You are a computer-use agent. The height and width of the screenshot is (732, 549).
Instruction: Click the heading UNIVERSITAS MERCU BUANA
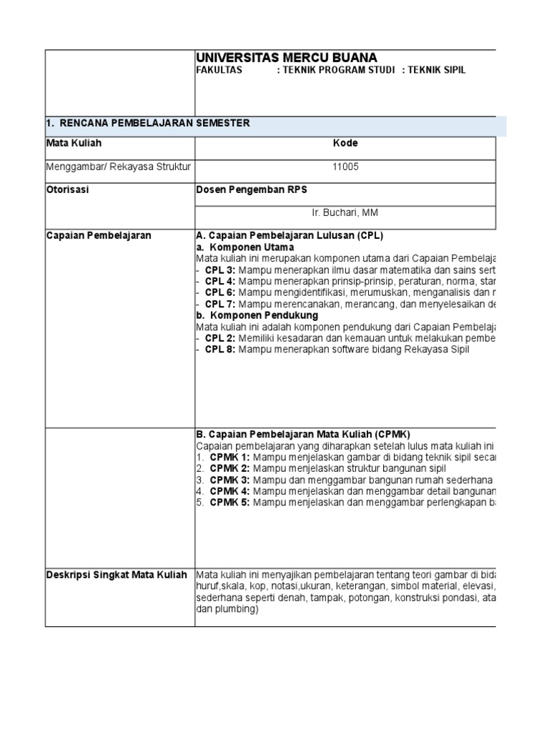coord(287,58)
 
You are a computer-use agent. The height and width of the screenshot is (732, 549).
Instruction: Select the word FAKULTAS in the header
coord(219,71)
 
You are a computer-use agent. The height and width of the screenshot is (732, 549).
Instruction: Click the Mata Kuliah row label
coord(74,143)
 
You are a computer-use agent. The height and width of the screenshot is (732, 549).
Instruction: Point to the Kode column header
coord(345,143)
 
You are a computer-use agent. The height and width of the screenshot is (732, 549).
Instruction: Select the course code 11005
coord(345,167)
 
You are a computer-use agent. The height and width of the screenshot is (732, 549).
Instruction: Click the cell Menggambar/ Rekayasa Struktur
coord(119,167)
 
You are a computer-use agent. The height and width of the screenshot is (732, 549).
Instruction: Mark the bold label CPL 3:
coord(219,270)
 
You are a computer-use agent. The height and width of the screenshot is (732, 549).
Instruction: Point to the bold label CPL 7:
coord(219,304)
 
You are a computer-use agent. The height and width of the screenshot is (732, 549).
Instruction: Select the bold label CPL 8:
coord(219,350)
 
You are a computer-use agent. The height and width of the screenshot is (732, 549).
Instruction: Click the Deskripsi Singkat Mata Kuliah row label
coord(117,575)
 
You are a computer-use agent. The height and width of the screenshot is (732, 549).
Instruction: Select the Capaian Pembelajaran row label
coord(99,236)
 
